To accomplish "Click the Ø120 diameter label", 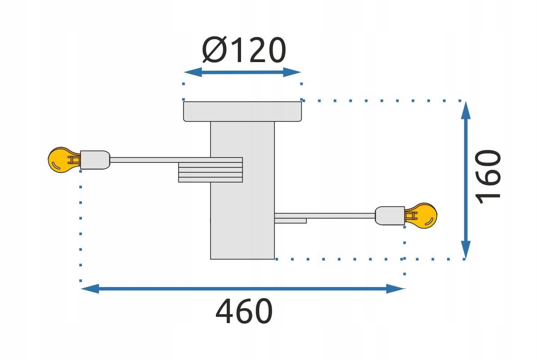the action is (244, 50).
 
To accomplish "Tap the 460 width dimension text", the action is (244, 311).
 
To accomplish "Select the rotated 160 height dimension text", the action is (488, 177).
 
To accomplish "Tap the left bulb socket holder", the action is (95, 160).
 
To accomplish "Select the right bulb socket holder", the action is (390, 216).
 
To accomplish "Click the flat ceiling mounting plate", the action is (242, 111).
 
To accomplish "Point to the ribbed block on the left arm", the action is (210, 170).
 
